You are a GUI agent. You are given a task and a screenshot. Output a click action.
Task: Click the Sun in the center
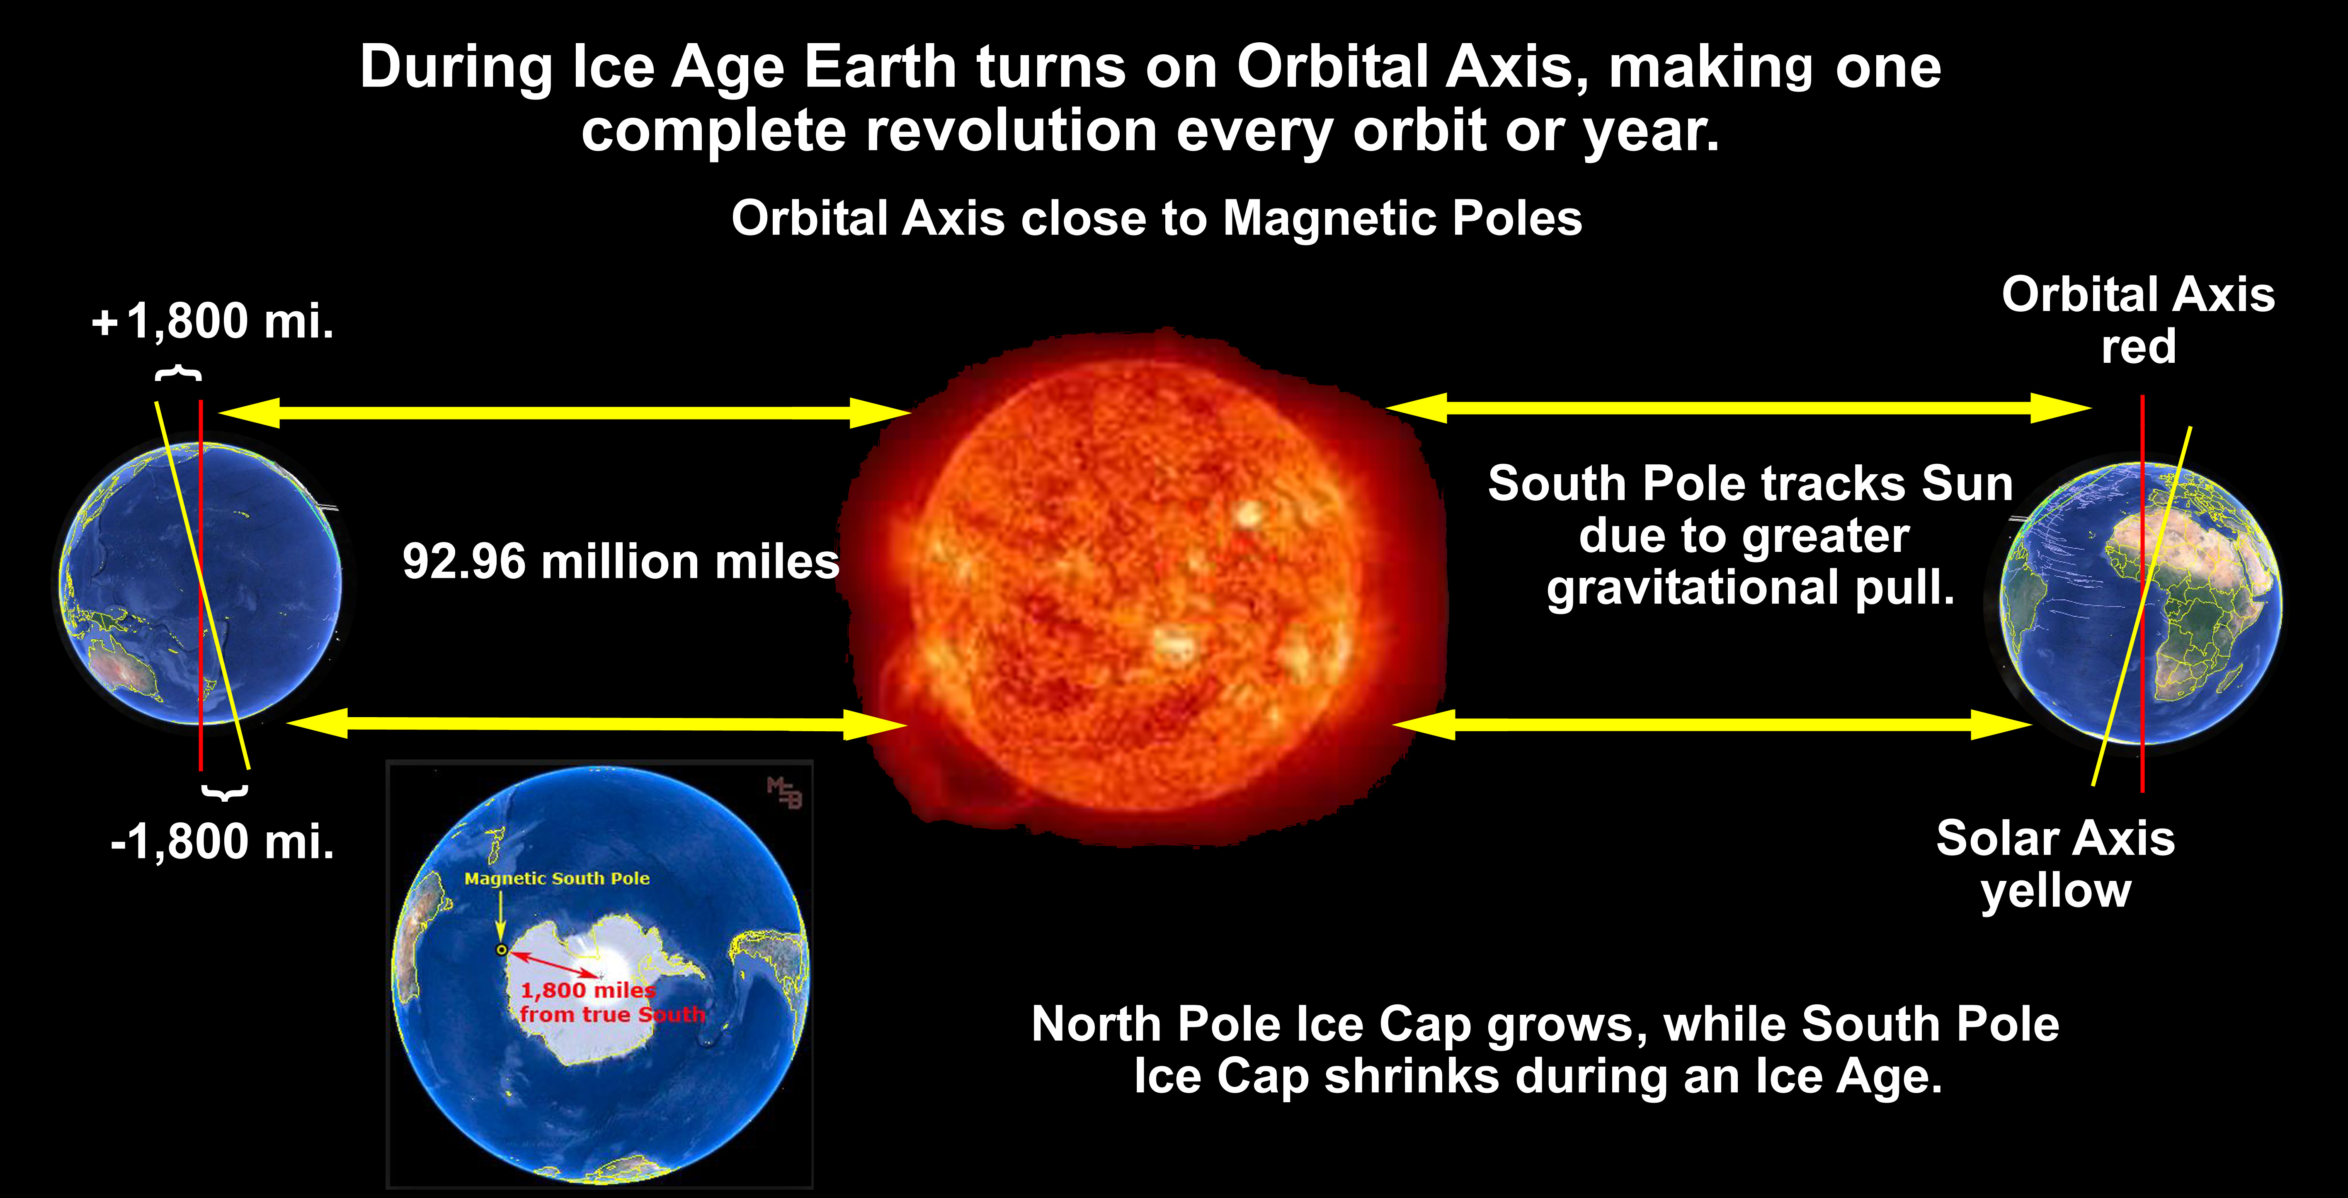click(1144, 588)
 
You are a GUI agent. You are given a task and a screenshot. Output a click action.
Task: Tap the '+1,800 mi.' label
click(213, 321)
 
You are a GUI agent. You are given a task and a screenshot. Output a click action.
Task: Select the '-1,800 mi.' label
click(222, 841)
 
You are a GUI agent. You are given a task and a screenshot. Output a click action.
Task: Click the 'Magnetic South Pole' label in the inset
click(557, 879)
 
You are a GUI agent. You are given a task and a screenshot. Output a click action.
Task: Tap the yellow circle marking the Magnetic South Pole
click(501, 950)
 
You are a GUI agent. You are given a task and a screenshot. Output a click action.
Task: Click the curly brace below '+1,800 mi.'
click(179, 373)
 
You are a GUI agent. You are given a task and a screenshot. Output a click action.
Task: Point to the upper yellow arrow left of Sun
click(565, 412)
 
